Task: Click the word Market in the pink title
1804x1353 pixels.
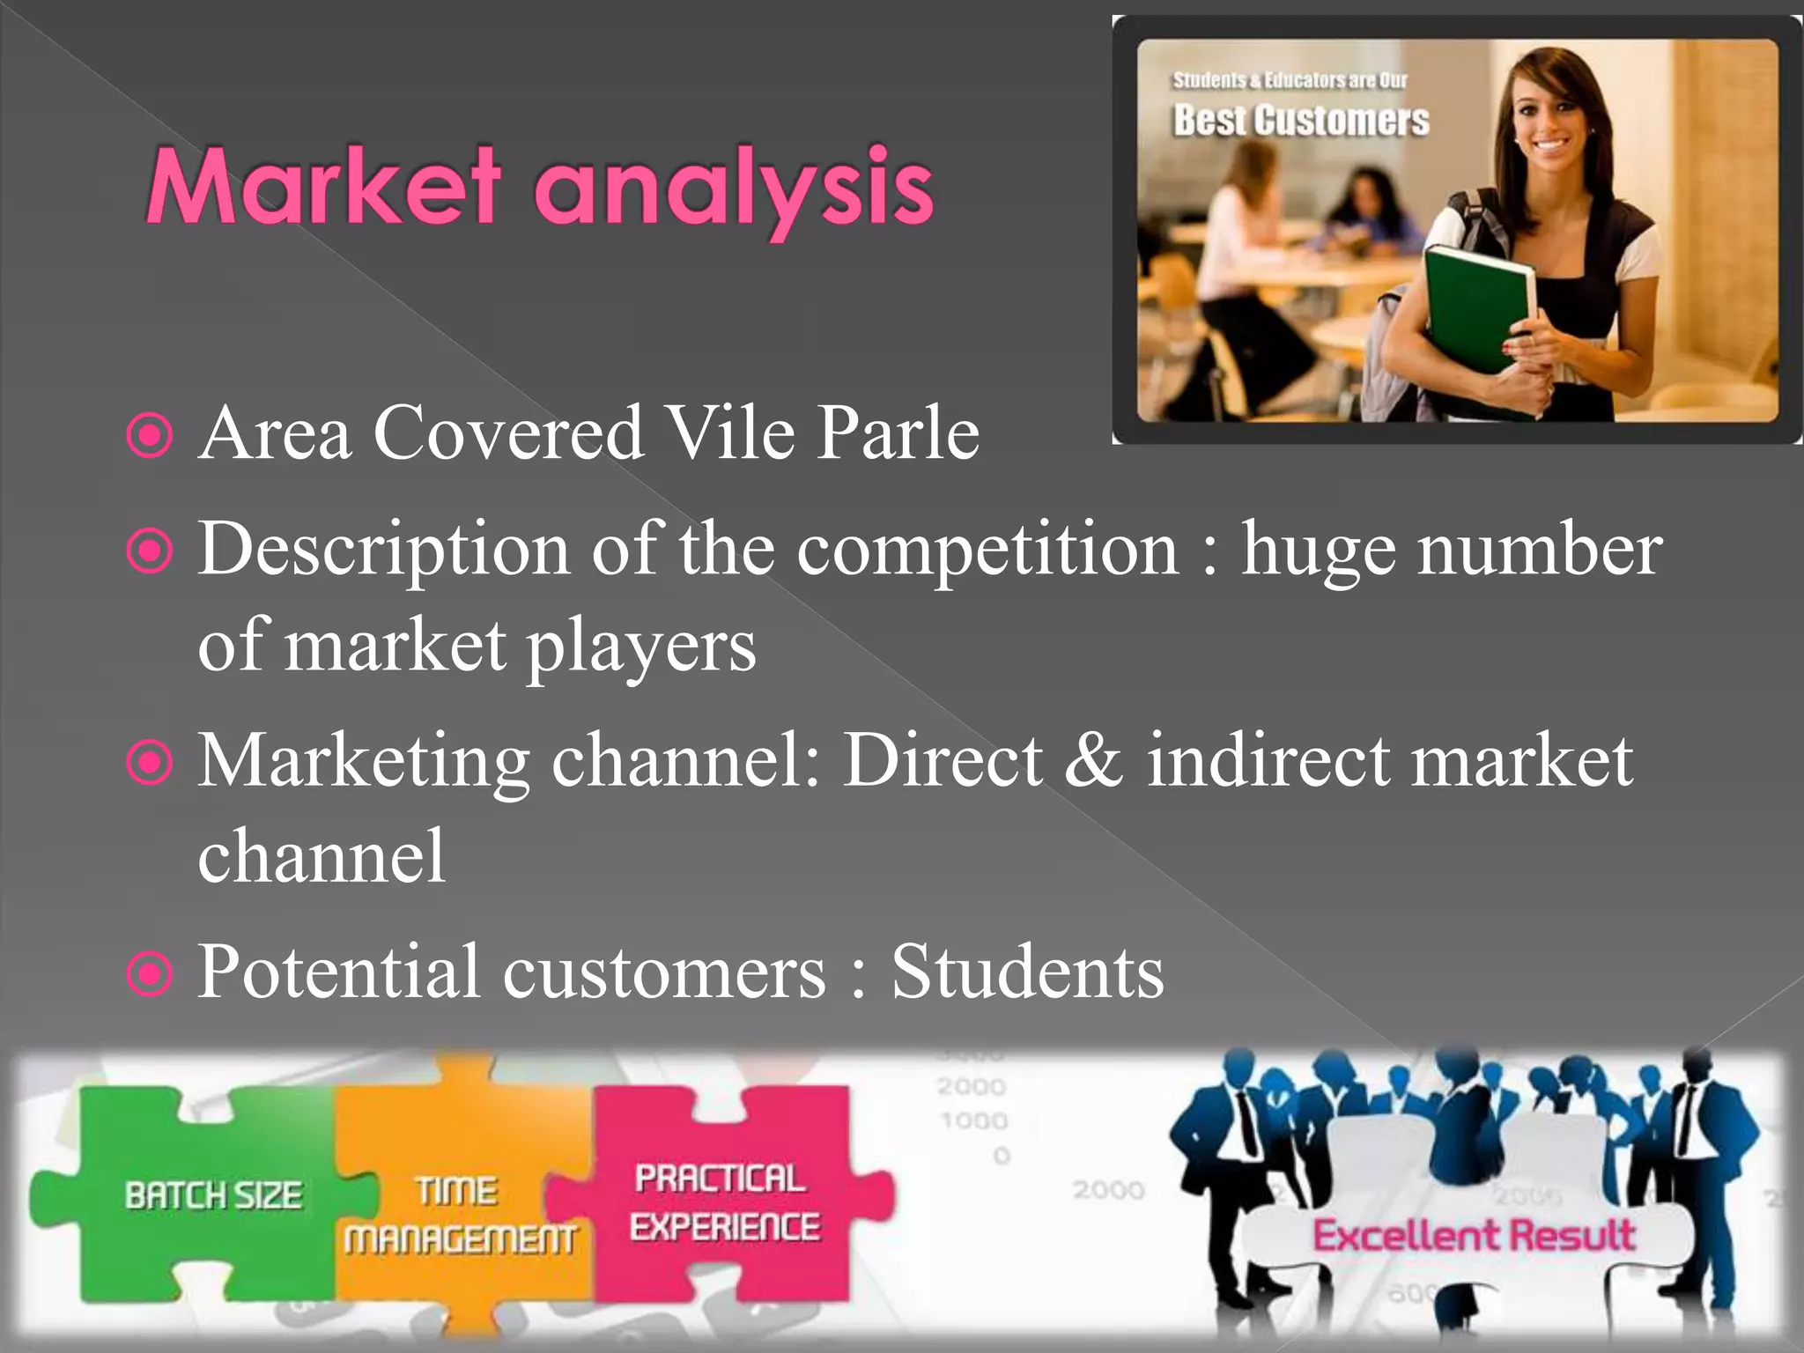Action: coord(323,187)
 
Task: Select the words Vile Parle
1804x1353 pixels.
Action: coord(821,433)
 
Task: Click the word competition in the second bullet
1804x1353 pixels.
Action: coord(987,550)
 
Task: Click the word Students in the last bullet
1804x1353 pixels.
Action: coord(1027,972)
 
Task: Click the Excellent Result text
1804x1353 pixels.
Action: coord(1474,1235)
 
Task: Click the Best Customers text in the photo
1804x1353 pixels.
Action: coord(1300,121)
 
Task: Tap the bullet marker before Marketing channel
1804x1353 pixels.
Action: coord(150,763)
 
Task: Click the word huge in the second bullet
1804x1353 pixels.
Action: coord(1319,550)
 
